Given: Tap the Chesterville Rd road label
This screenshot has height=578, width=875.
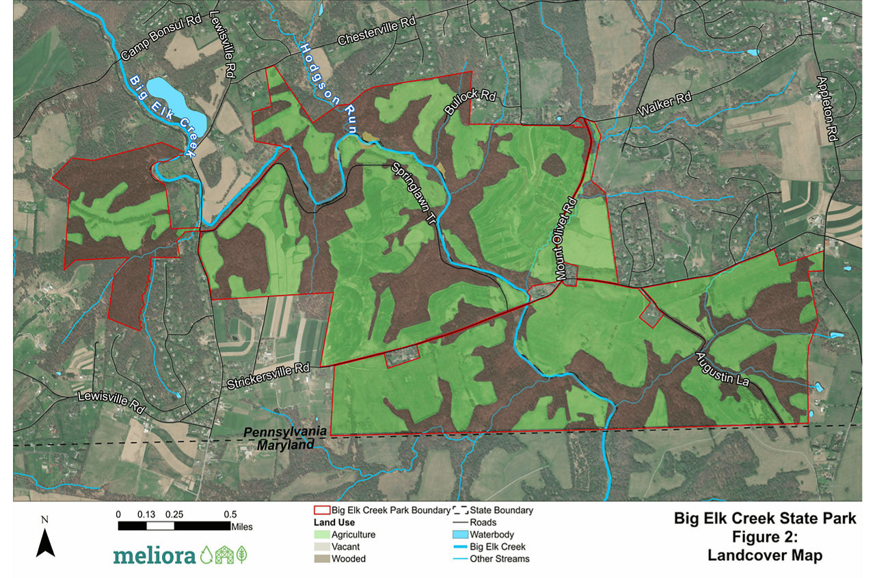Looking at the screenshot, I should pyautogui.click(x=377, y=32).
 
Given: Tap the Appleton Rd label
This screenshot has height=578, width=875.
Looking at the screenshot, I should pyautogui.click(x=826, y=109).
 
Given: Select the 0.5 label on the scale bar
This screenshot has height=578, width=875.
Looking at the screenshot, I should pyautogui.click(x=230, y=514).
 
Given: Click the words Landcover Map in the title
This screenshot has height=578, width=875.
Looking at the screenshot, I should pyautogui.click(x=765, y=556).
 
